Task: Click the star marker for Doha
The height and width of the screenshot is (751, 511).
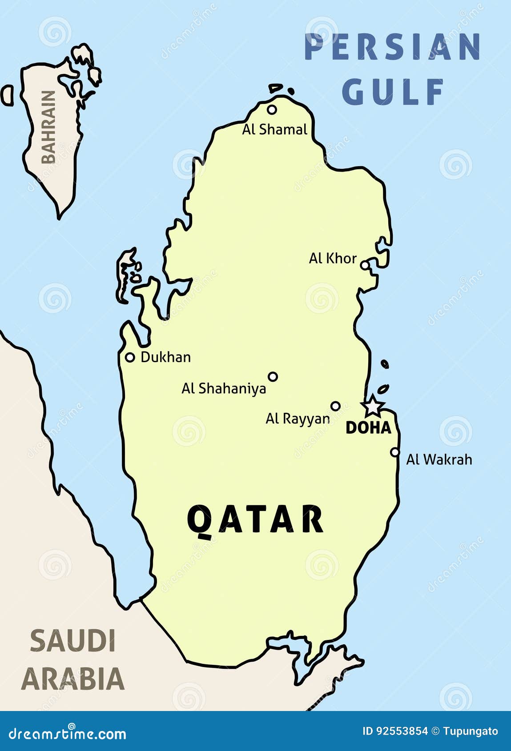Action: (373, 406)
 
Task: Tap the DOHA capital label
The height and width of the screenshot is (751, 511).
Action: (368, 427)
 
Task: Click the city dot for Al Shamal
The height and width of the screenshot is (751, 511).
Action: (272, 109)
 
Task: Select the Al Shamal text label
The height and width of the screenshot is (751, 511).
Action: (274, 129)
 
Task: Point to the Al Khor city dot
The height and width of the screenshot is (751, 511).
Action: (365, 265)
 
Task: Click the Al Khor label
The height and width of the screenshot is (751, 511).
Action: (333, 258)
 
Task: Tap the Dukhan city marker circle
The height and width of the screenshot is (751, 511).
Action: (130, 357)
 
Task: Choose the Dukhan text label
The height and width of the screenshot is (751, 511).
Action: (165, 357)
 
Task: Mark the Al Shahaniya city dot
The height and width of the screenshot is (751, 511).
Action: (273, 377)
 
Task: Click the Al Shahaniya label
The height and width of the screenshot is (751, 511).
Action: (224, 388)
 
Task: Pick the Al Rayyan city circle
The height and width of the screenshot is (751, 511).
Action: (336, 406)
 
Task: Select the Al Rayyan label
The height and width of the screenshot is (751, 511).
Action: (298, 419)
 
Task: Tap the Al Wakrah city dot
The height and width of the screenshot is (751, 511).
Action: (395, 452)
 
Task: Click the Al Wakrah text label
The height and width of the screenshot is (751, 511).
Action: (439, 459)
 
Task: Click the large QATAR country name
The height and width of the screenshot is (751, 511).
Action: (255, 519)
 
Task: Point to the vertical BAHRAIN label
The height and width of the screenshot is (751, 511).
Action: (48, 128)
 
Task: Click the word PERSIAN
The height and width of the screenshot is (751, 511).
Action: (393, 47)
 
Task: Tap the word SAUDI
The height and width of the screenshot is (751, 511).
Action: (73, 641)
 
